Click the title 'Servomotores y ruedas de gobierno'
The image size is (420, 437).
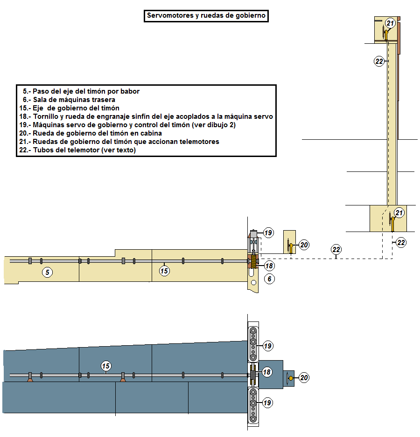point(206,16)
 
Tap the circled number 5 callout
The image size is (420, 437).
point(48,272)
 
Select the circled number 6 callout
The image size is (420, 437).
point(269,279)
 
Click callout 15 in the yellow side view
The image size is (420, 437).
point(164,271)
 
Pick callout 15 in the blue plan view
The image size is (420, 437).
point(106,366)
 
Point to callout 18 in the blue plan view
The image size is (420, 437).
point(266,372)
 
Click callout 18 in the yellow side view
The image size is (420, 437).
point(269,266)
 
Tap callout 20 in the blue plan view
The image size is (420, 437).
point(304,378)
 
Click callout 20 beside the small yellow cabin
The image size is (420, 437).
point(304,245)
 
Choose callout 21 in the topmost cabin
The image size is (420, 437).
point(390,23)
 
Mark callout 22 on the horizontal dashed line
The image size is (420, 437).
point(336,249)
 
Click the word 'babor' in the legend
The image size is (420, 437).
point(130,91)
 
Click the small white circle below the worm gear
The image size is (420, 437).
point(253,283)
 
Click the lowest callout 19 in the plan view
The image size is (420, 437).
point(267,403)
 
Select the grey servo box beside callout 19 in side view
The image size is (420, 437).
point(253,233)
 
